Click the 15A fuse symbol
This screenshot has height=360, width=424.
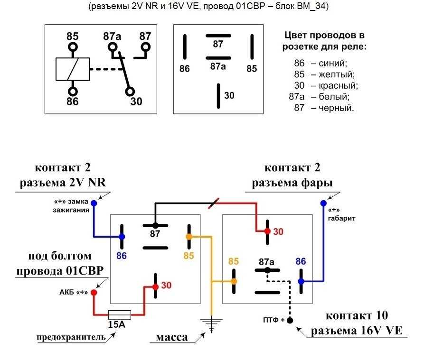[120, 314]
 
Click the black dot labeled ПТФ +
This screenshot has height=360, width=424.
[290, 320]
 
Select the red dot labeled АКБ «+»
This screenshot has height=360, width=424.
[94, 293]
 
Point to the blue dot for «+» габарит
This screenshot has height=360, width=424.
[323, 203]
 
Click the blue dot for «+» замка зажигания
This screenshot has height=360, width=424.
[94, 203]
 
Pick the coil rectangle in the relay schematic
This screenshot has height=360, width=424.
[73, 69]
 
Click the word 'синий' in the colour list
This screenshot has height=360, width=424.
[333, 63]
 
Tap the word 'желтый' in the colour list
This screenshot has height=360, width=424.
[336, 74]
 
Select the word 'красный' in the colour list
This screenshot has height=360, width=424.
[338, 85]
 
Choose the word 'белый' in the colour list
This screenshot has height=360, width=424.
[334, 97]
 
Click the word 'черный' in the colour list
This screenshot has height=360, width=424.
[336, 108]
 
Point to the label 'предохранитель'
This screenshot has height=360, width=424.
[71, 337]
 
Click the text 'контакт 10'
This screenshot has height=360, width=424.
[357, 315]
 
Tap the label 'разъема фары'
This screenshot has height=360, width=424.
[292, 183]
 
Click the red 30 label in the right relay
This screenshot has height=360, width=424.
[278, 232]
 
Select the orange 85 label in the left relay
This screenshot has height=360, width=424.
[189, 256]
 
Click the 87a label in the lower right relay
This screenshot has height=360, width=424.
[266, 262]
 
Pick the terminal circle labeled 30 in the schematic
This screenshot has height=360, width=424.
[130, 92]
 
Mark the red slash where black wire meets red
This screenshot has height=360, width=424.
[214, 203]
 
